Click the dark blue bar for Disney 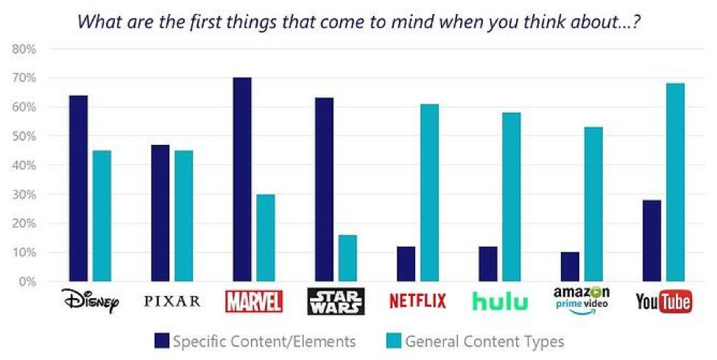(x=78, y=188)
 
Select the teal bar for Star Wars (x=348, y=258)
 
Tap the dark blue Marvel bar (x=242, y=180)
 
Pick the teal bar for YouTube (x=675, y=183)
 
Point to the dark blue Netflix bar (x=406, y=264)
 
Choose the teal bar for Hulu (x=512, y=197)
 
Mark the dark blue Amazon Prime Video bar (x=570, y=267)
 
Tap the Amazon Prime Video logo (x=582, y=300)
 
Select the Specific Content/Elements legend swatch (x=162, y=341)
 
